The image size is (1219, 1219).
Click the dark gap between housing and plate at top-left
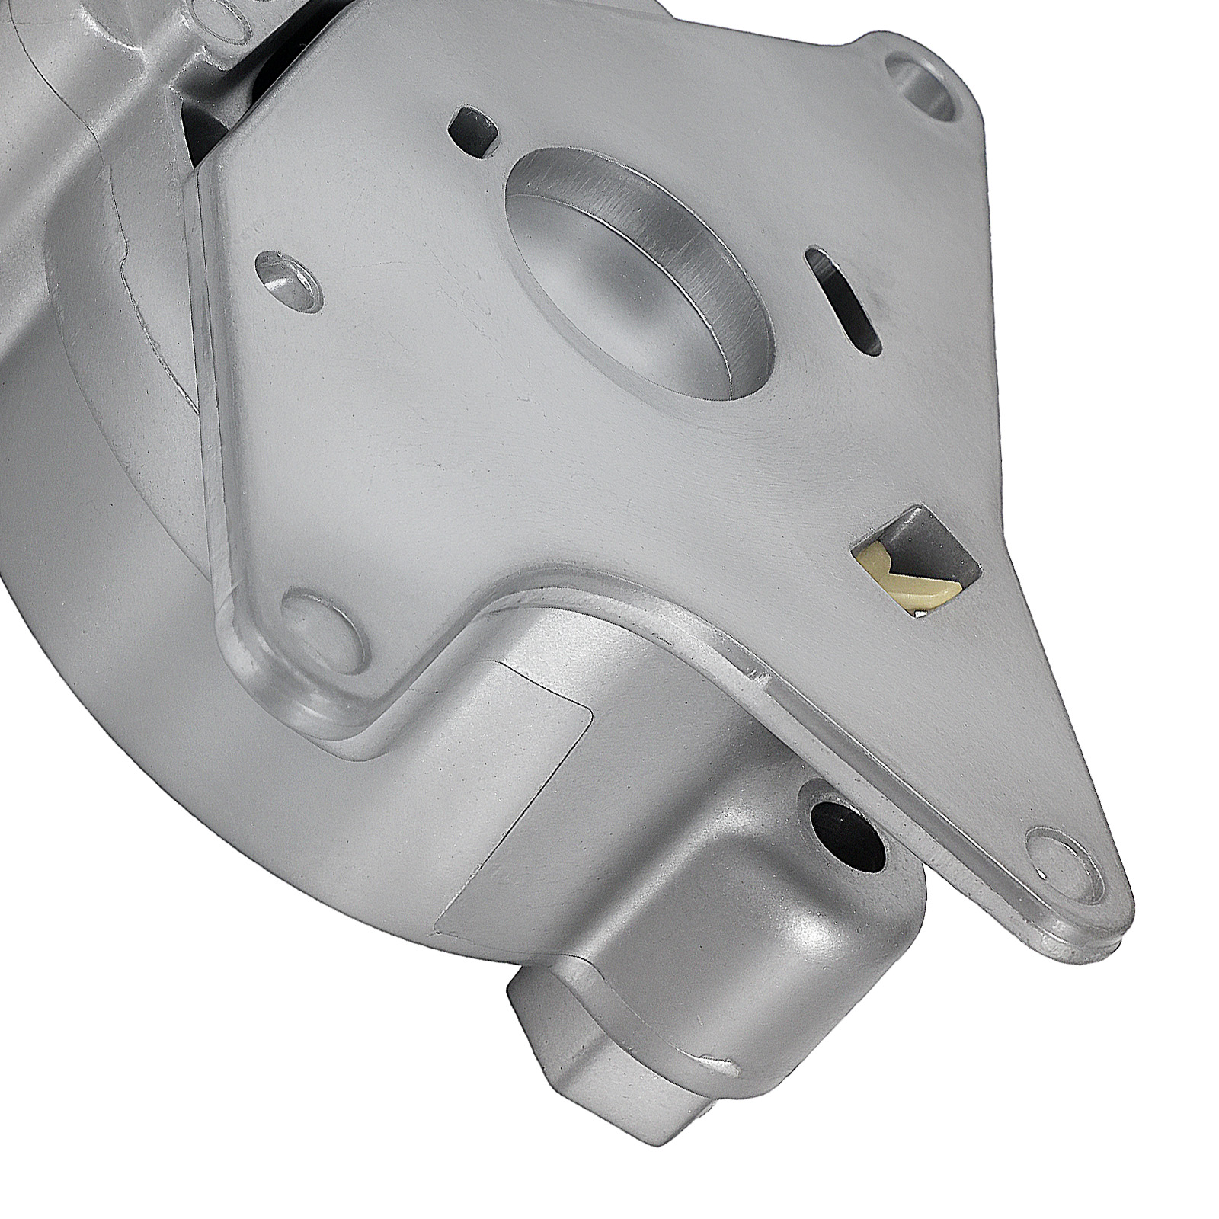pos(206,114)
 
